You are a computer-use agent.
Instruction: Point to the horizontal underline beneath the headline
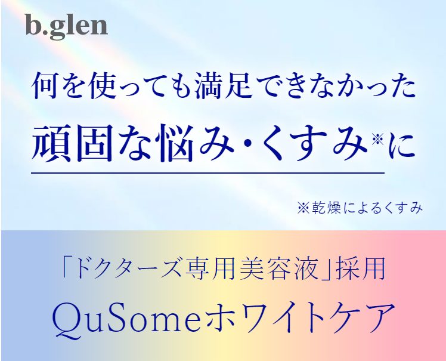pos(208,173)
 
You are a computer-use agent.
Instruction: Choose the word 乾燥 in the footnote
pos(323,208)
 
